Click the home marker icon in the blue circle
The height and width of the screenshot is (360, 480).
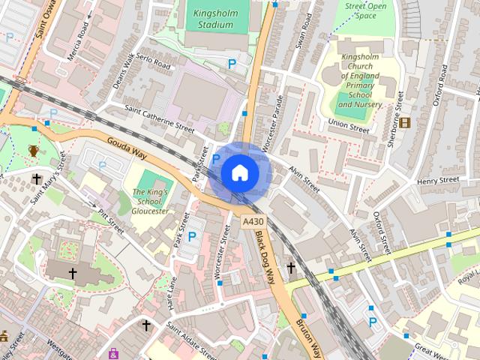tap(239, 172)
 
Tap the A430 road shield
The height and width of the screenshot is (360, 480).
tap(253, 223)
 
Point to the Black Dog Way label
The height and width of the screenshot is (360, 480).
tap(264, 256)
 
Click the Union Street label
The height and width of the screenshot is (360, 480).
tap(349, 125)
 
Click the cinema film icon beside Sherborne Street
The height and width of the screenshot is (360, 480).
tap(405, 122)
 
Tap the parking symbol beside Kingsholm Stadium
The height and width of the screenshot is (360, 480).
tap(232, 65)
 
